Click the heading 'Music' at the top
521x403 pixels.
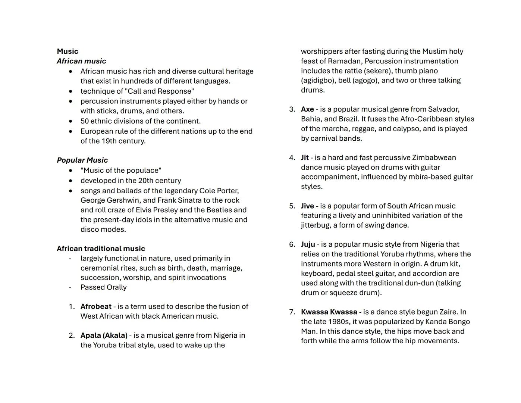coord(68,51)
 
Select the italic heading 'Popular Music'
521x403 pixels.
coord(82,160)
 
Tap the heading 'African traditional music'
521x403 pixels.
coord(101,249)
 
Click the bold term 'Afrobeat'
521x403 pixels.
coord(96,306)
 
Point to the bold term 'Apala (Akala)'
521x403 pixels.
coord(104,335)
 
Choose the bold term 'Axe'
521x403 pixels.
coord(307,109)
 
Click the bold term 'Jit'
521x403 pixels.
coord(305,157)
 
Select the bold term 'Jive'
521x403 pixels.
coord(307,206)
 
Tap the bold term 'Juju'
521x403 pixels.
coord(308,244)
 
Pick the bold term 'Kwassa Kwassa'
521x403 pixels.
coord(329,312)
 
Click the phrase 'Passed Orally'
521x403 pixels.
coord(103,287)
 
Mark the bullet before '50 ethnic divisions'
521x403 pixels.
coord(70,121)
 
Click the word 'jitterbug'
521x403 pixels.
coord(315,225)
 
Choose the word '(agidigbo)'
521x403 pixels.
coord(318,81)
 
